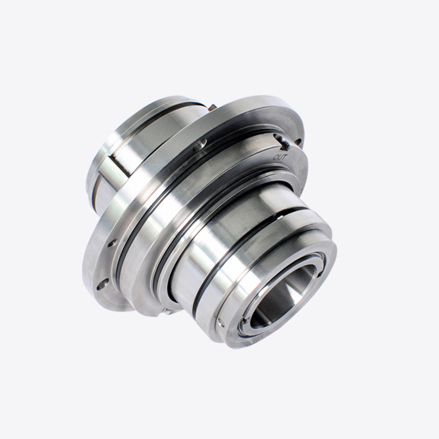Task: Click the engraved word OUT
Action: point(280,157)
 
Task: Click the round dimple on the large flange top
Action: point(201,144)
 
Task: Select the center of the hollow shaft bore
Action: point(283,297)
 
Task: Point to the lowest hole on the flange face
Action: point(103,284)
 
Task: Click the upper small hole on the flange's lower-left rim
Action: point(112,242)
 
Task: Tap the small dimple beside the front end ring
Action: point(221,322)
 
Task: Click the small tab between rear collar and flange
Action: point(212,108)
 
